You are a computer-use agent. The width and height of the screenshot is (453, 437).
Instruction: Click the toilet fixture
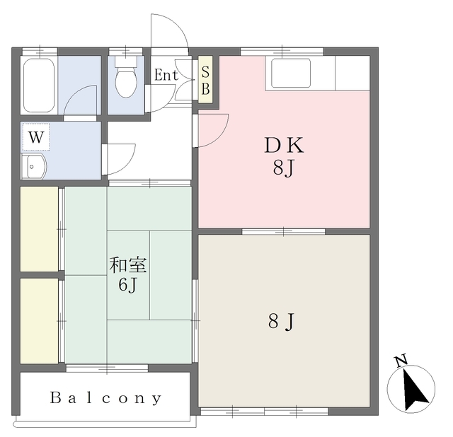(126, 76)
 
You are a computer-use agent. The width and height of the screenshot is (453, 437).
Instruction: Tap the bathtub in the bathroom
(39, 86)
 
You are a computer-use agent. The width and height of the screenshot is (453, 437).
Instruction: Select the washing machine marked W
(36, 136)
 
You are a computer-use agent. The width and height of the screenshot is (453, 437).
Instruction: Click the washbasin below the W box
(34, 167)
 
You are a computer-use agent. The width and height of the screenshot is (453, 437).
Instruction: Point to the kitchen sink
(291, 73)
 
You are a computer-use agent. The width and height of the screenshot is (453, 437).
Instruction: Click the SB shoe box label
(205, 80)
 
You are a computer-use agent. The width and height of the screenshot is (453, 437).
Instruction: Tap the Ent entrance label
(166, 75)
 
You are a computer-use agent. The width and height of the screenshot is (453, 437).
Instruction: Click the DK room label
(284, 145)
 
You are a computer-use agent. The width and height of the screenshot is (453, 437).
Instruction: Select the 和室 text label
(128, 264)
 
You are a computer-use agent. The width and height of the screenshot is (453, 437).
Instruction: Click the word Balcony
(105, 398)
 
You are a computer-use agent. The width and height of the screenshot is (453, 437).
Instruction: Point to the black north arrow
(414, 390)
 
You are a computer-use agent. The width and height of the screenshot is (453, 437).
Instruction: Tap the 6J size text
(127, 286)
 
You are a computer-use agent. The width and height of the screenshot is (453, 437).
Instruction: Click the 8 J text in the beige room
(281, 322)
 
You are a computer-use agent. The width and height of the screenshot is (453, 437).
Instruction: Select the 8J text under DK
(283, 168)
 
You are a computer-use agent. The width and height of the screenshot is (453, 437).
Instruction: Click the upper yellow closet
(39, 229)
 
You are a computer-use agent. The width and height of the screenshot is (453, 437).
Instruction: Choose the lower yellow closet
(39, 321)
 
